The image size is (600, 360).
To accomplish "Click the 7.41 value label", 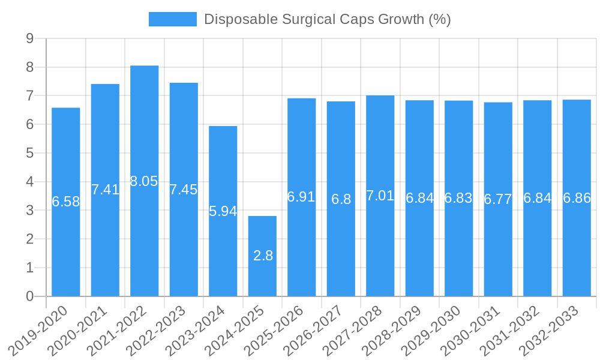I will pos(105,190).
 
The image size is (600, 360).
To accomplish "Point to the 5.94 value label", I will pos(223,211).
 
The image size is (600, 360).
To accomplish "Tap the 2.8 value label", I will pos(263,256).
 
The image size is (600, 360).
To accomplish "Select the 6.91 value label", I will pos(301,197).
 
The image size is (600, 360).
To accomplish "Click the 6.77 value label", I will pos(498,199).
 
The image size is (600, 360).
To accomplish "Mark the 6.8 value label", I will pos(341,199).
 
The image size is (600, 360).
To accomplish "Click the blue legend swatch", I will pos(172,19).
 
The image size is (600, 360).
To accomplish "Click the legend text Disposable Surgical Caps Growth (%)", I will pos(327,19).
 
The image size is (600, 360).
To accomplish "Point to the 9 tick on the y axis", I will pos(29,38).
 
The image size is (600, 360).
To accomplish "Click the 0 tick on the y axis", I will pos(29,296).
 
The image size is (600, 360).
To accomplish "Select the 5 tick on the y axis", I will pos(29,153).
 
